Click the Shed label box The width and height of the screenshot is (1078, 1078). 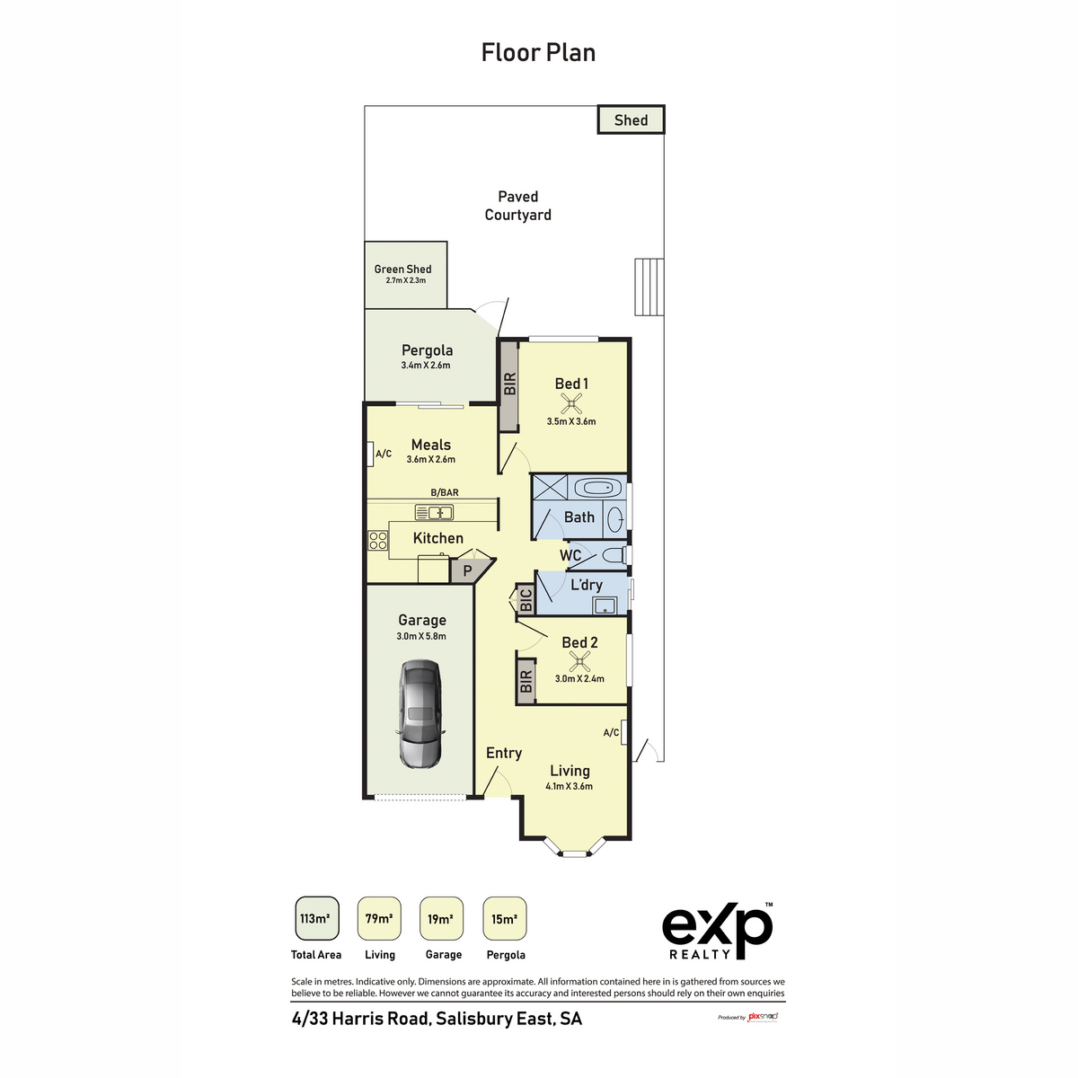point(631,120)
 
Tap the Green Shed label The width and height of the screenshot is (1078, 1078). point(402,269)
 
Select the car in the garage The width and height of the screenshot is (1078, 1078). point(420,714)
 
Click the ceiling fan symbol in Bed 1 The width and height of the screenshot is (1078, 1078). point(570,403)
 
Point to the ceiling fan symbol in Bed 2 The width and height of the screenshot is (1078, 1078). point(580,662)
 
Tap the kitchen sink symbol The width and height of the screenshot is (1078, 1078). point(434,512)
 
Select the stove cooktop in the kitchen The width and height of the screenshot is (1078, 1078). point(377,540)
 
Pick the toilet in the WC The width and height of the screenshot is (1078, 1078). point(614,555)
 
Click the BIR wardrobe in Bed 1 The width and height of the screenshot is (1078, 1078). point(509,384)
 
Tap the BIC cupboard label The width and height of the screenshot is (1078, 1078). point(526,600)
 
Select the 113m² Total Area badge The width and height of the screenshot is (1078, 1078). point(316,919)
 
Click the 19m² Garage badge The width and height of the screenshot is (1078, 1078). point(441,919)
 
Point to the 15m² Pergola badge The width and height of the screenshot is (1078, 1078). point(504,919)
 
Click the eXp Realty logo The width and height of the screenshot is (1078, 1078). point(717,931)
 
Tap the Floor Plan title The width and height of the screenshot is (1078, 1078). point(538,53)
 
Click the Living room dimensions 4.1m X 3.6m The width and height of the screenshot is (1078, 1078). point(569,786)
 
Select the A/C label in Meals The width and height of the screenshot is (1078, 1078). point(384,454)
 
